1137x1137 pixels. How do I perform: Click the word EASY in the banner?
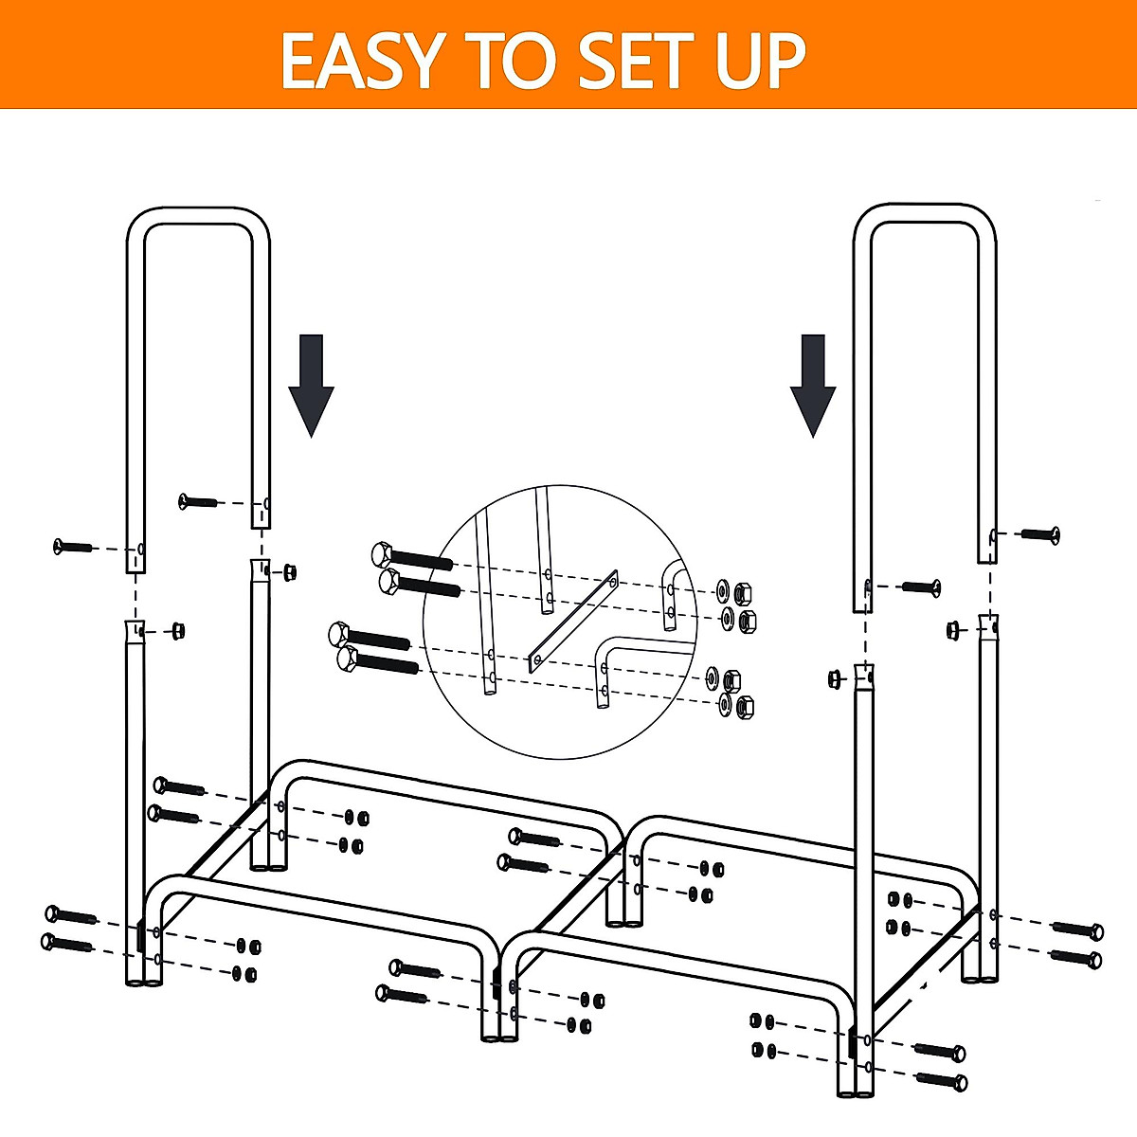pyautogui.click(x=360, y=61)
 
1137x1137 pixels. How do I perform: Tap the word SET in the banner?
pyautogui.click(x=630, y=61)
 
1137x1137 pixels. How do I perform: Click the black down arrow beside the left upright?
pyautogui.click(x=311, y=385)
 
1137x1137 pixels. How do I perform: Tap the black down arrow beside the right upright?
pyautogui.click(x=813, y=385)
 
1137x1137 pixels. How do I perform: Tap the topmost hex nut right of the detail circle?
pyautogui.click(x=743, y=592)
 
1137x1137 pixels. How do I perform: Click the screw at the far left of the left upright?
pyautogui.click(x=74, y=546)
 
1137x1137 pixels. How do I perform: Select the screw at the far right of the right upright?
pyautogui.click(x=1040, y=534)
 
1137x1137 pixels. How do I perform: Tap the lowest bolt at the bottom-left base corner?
pyautogui.click(x=69, y=943)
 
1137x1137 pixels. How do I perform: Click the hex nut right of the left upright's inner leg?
pyautogui.click(x=290, y=570)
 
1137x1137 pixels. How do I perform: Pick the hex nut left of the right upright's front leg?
pyautogui.click(x=835, y=677)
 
